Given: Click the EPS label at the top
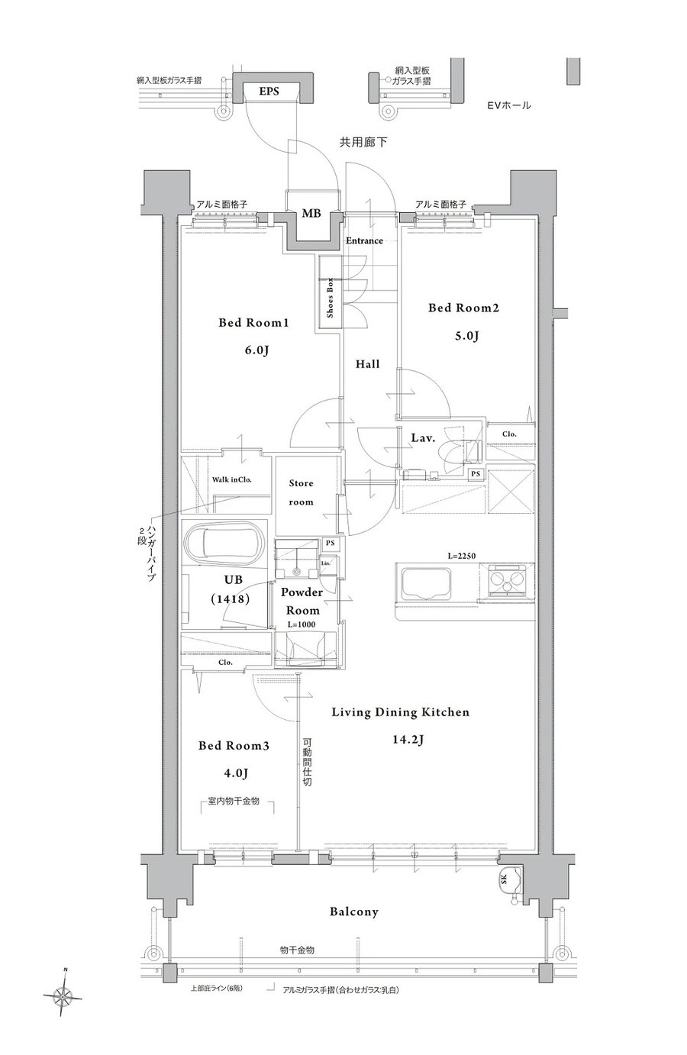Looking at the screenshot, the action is click(269, 92).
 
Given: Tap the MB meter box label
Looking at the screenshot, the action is click(311, 213).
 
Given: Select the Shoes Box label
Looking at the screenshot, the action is click(330, 297).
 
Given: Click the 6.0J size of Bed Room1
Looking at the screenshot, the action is click(253, 350).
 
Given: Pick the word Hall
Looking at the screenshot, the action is click(367, 363).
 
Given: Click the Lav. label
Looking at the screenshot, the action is click(423, 437).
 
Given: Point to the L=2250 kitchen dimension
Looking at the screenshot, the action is click(461, 556).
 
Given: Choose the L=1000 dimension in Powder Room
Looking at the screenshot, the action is click(302, 624).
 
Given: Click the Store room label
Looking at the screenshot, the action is click(301, 492).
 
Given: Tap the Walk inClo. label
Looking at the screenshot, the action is click(231, 479).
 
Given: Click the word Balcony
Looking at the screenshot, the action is click(353, 911).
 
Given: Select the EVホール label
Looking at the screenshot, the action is click(509, 105).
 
